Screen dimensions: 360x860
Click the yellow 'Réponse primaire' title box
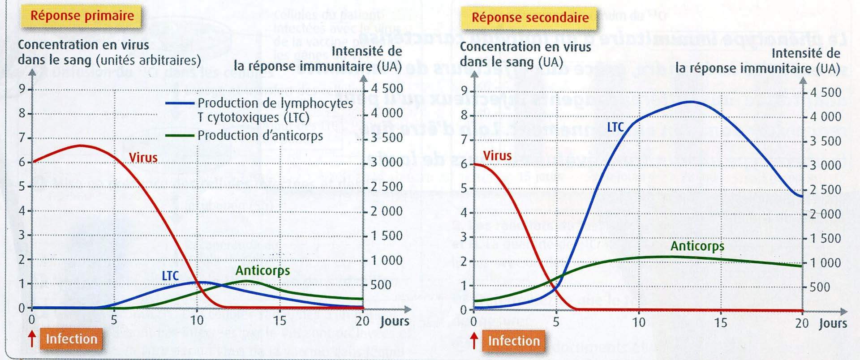(x=82, y=16)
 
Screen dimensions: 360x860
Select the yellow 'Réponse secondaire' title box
(x=530, y=18)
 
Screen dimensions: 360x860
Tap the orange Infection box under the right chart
(x=514, y=341)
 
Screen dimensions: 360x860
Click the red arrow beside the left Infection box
(x=32, y=339)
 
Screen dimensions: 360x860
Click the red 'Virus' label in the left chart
(x=143, y=158)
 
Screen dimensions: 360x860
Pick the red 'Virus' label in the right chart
(x=497, y=156)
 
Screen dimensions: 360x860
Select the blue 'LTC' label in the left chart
(x=170, y=276)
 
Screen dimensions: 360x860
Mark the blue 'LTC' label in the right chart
(x=615, y=128)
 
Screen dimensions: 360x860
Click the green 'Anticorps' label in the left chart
(x=262, y=270)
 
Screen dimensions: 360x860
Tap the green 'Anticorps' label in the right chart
(x=697, y=246)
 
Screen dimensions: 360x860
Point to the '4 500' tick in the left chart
(x=387, y=89)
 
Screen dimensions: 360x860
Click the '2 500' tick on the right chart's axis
(x=825, y=190)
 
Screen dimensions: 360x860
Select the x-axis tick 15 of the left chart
(x=279, y=321)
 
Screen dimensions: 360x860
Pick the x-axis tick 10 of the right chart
(x=638, y=322)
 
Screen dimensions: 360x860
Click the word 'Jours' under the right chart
(x=833, y=323)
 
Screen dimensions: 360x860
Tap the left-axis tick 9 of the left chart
(x=22, y=89)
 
